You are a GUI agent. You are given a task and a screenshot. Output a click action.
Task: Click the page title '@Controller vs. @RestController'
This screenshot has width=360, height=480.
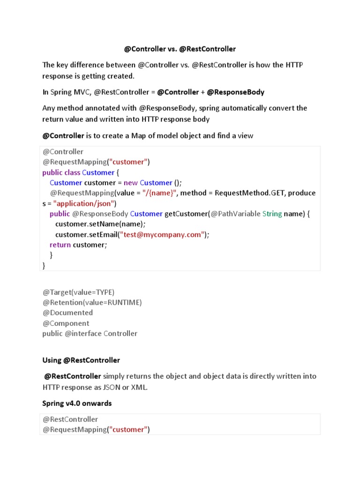coord(180,49)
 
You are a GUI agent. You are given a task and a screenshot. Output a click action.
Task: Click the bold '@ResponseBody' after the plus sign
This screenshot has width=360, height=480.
coord(236,92)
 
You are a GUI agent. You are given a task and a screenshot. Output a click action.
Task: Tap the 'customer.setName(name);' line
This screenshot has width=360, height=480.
coord(100,224)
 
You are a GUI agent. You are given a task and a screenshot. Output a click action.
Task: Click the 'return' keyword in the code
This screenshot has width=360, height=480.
coord(60,245)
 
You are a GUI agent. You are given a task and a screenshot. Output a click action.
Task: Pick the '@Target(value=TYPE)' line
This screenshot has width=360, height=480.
coord(78,292)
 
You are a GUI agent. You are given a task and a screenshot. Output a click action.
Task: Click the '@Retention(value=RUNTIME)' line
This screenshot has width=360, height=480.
coord(92,302)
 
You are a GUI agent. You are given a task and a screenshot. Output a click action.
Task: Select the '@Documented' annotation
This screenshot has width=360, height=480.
coord(67,313)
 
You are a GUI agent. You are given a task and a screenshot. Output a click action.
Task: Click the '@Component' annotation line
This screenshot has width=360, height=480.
coord(66,323)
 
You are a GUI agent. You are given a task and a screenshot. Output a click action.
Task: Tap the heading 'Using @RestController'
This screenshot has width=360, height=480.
coord(81,360)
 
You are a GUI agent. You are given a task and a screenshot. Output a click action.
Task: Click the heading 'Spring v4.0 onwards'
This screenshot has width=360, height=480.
coord(77,403)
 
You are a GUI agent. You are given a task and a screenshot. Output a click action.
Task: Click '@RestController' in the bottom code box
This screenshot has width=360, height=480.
coord(70,419)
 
